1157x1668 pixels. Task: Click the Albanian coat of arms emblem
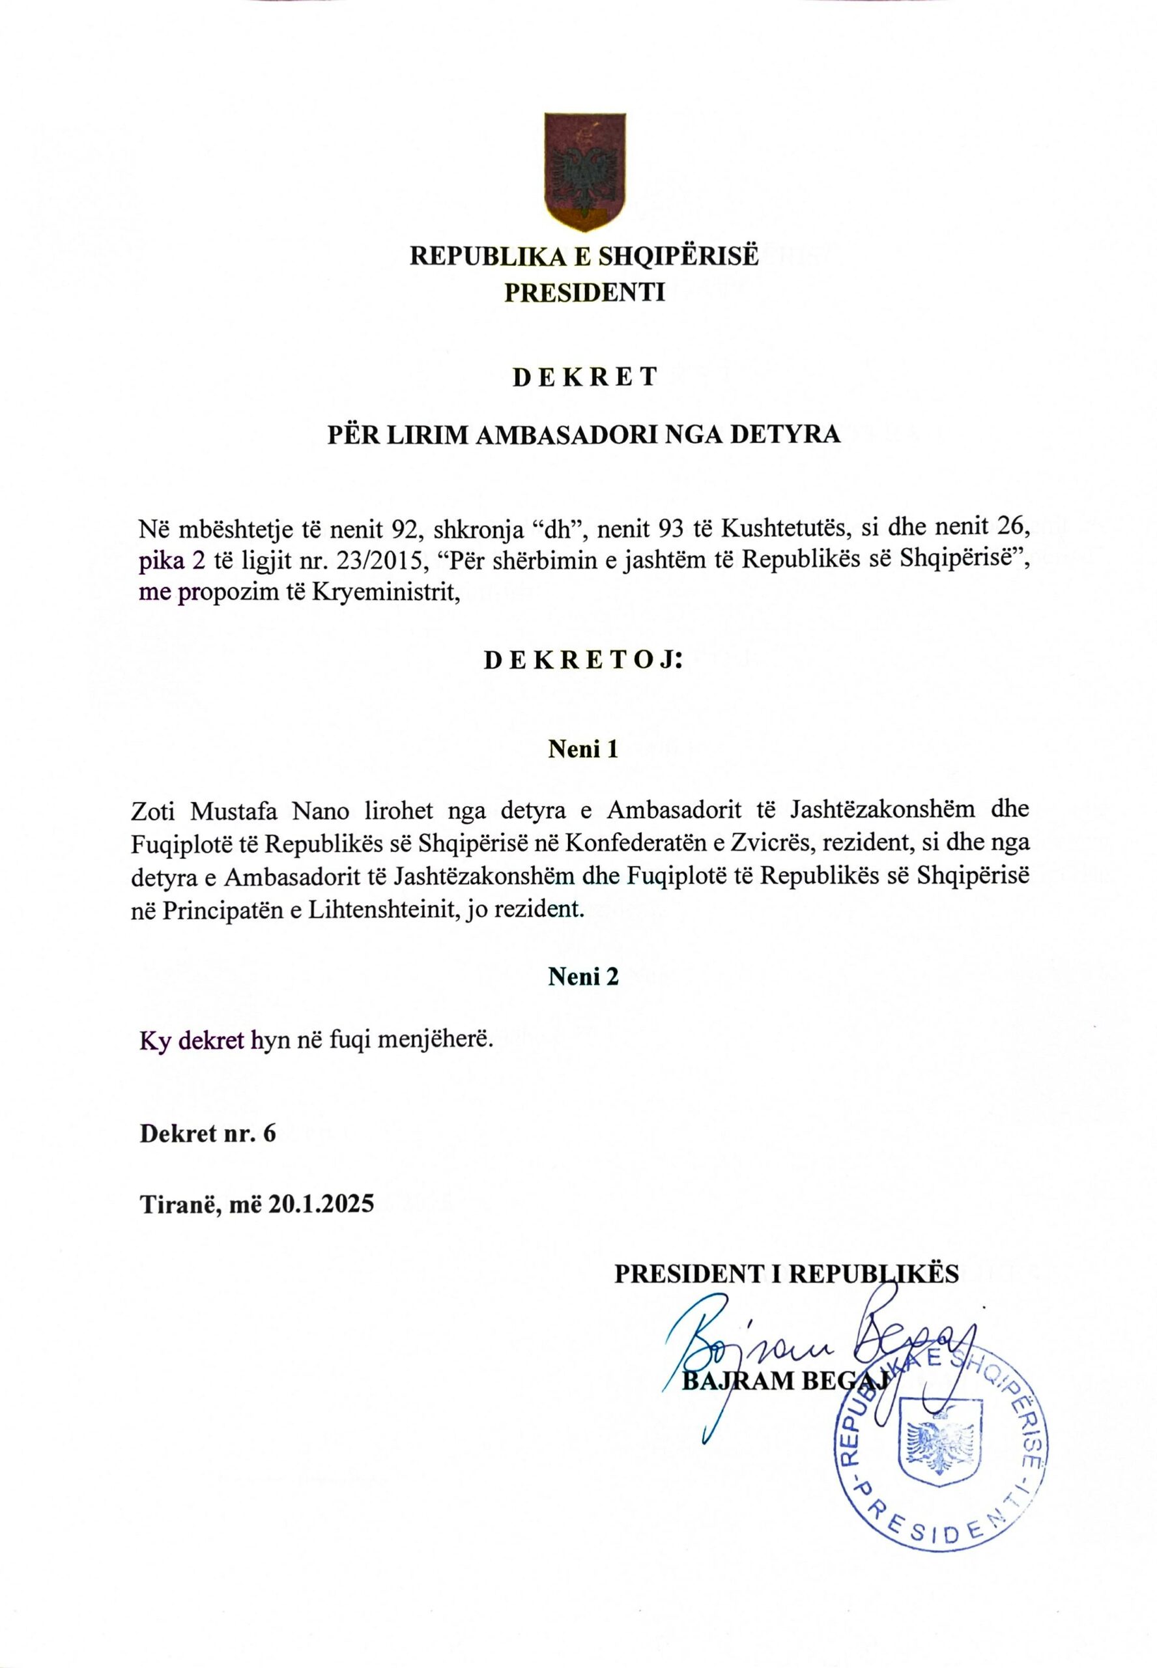coord(584,172)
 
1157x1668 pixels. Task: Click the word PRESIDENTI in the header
coord(584,292)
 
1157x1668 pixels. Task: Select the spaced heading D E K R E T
coord(584,377)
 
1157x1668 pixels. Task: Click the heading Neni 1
coord(584,749)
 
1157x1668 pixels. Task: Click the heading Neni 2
coord(584,977)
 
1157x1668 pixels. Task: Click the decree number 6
coord(270,1134)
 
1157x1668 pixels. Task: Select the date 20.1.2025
coord(321,1205)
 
